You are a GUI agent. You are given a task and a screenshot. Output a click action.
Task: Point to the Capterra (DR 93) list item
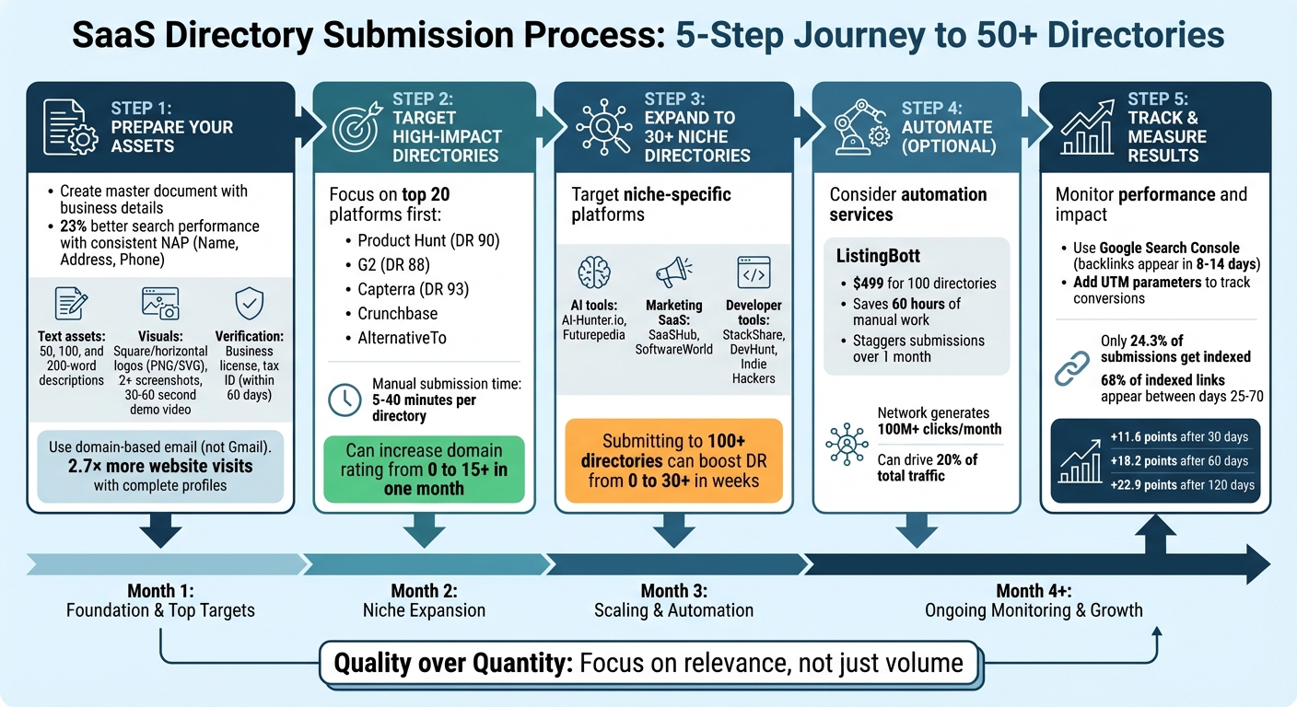click(413, 289)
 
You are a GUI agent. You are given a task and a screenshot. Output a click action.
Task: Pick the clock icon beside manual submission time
click(345, 400)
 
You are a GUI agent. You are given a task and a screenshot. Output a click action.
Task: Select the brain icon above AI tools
click(593, 273)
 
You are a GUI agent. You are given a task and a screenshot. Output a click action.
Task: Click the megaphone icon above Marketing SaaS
click(673, 273)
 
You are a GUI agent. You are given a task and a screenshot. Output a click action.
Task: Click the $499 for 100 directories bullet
click(924, 283)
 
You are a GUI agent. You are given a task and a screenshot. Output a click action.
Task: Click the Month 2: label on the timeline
click(424, 591)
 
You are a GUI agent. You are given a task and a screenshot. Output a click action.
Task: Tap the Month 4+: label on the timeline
click(1033, 591)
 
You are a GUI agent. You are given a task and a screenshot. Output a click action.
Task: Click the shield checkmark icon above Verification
click(250, 303)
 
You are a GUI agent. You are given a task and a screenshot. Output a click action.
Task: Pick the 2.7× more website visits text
click(161, 467)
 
